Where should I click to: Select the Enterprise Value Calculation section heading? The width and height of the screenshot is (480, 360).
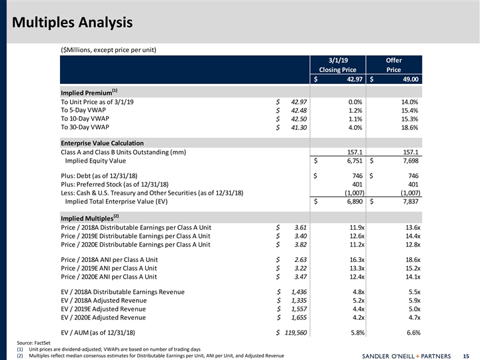coord(102,143)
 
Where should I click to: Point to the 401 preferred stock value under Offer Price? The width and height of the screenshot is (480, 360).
coord(413,185)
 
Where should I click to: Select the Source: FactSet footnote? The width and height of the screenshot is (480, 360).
coord(33,342)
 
